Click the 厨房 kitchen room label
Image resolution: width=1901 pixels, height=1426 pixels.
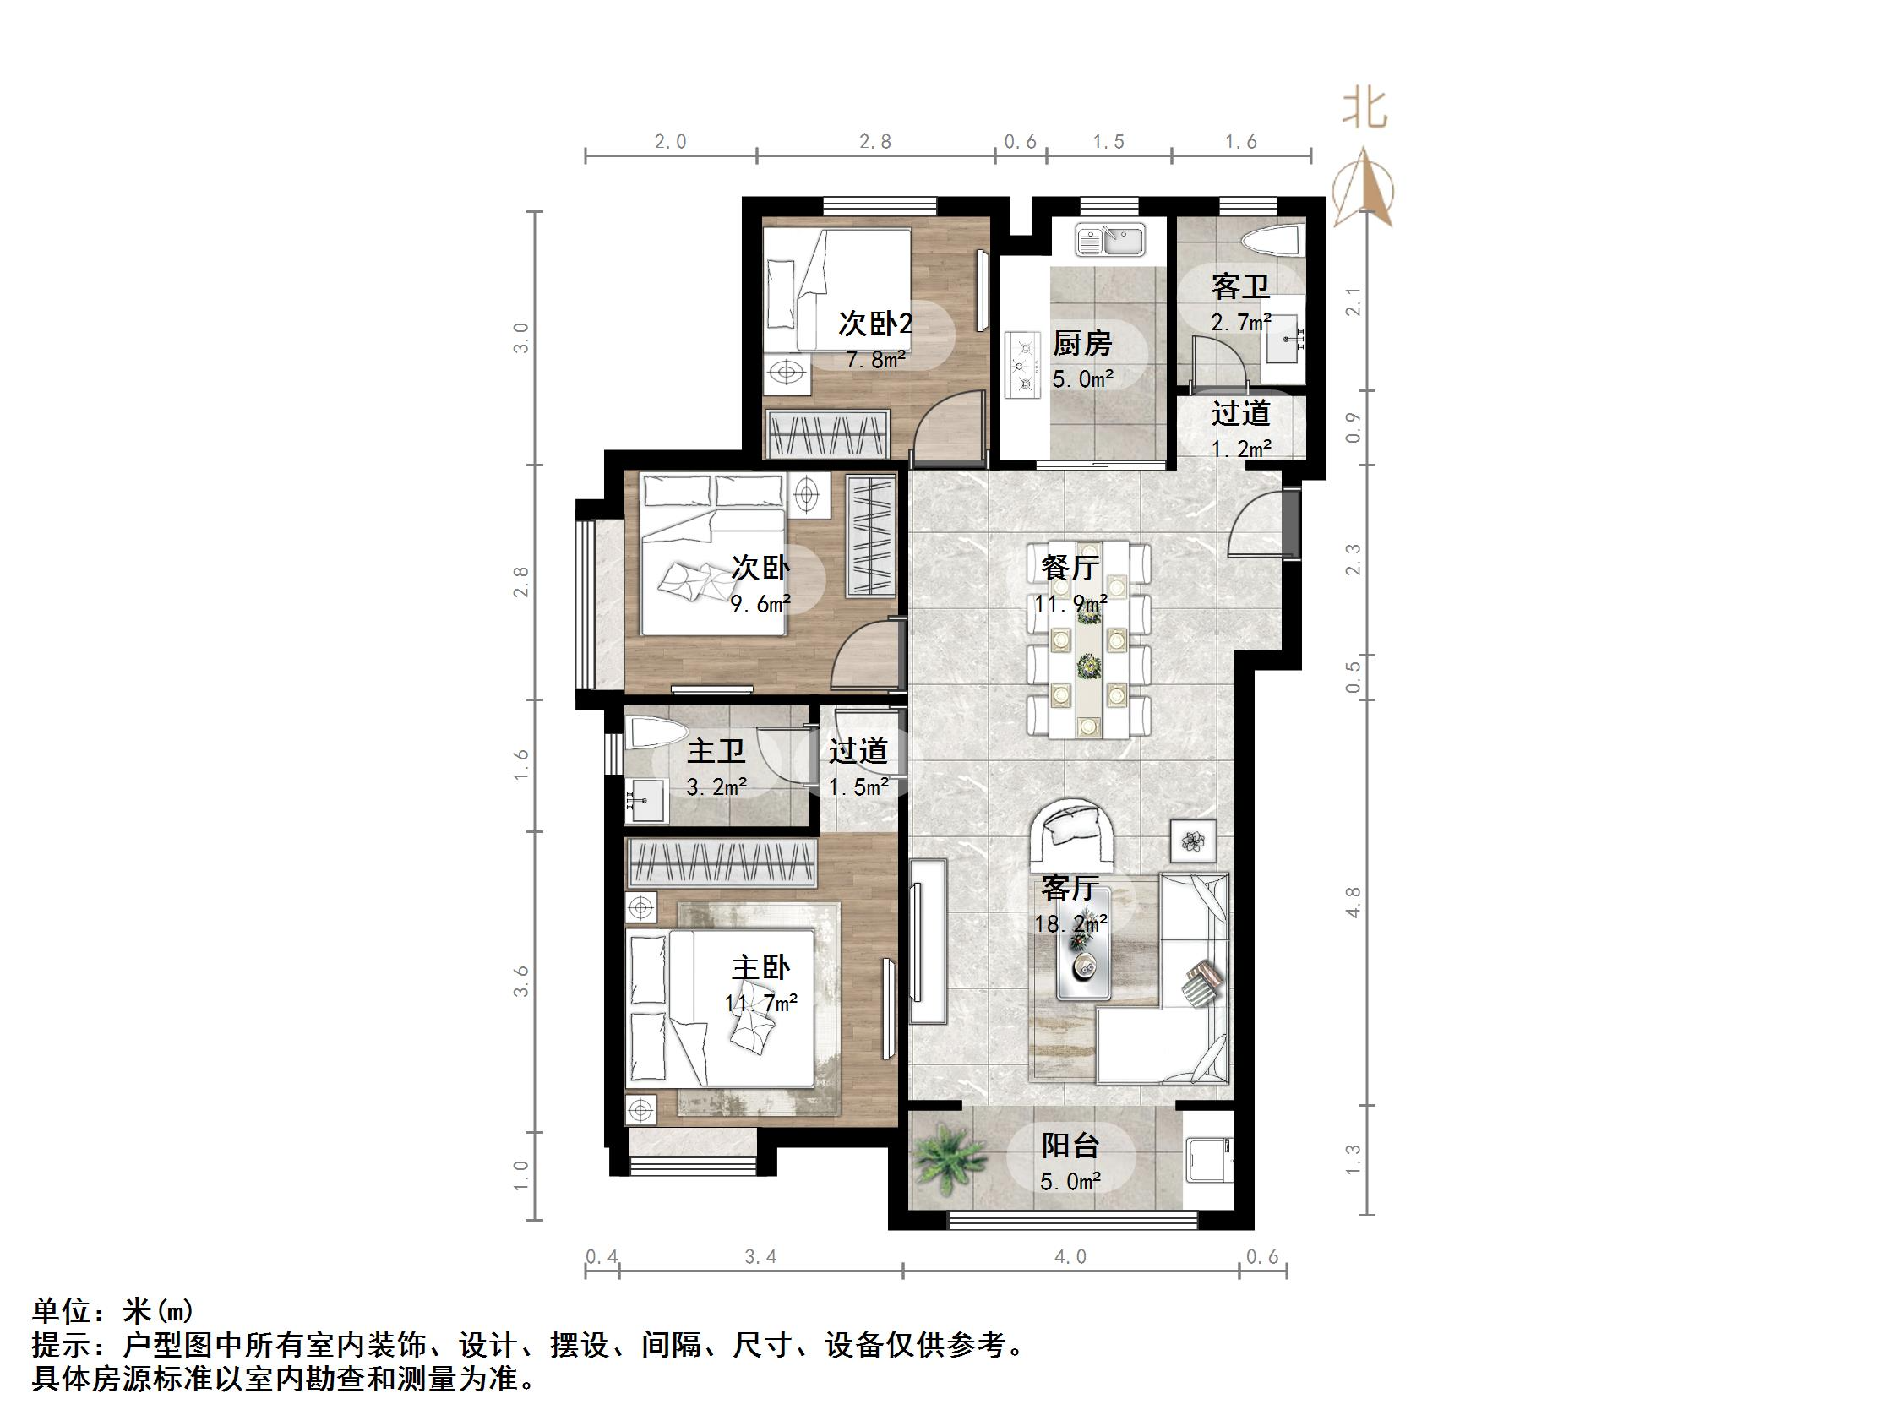(1082, 344)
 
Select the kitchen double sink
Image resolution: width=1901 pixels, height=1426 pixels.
(1110, 240)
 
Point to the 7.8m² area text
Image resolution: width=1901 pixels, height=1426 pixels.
(876, 359)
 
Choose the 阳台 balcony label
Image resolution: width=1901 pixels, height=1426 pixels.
(1070, 1146)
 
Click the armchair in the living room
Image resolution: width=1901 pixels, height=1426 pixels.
(1072, 833)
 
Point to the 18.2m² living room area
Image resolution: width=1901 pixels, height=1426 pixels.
(1070, 923)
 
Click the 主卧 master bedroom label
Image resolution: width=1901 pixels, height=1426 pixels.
(760, 968)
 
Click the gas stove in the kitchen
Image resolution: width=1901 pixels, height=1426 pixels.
(1022, 365)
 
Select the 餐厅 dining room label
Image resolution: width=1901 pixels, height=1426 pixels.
(1070, 568)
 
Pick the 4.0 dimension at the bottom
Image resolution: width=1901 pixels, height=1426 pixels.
(1070, 1258)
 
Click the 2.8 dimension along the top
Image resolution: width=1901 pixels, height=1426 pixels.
(874, 142)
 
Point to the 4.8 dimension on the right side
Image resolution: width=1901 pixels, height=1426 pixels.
(1353, 902)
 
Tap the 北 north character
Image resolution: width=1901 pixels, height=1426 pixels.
(1364, 110)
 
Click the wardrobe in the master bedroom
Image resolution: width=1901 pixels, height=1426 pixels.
(720, 863)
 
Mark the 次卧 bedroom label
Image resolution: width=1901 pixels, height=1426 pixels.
(760, 568)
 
